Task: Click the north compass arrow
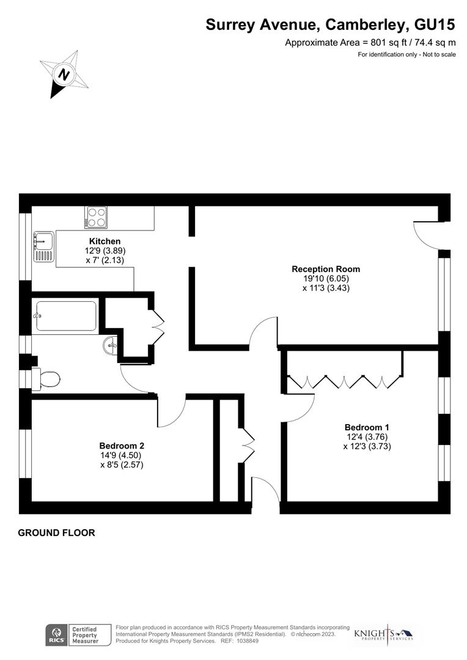[64, 75]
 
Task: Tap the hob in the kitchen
[96, 218]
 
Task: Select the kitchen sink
[43, 241]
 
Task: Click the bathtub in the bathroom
[65, 316]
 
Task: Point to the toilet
[46, 380]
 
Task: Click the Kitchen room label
[105, 241]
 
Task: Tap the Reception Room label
[325, 269]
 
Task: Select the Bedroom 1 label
[367, 427]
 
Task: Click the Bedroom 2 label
[122, 446]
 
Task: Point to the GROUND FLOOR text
[56, 533]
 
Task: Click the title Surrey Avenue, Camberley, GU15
[330, 24]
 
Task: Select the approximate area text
[370, 43]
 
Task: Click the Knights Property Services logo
[384, 634]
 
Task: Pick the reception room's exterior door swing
[425, 235]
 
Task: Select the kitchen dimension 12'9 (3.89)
[105, 251]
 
